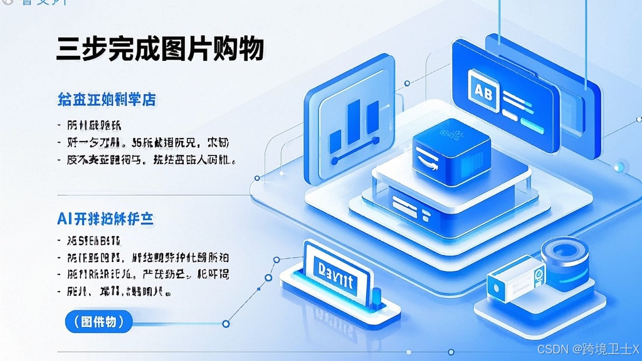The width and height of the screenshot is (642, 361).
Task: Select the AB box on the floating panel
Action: pos(483,93)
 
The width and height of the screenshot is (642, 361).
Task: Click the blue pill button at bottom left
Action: pos(99,322)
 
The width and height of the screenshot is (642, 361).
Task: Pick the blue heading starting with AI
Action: pos(105,219)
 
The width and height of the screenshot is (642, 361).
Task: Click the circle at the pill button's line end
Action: pos(226,323)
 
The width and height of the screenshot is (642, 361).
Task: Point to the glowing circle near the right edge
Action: pos(620,166)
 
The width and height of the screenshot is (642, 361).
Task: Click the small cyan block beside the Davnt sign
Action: pos(376,296)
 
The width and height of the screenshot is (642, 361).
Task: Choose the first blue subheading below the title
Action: pos(106,99)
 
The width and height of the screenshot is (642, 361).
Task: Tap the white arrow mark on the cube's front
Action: pos(426,160)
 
